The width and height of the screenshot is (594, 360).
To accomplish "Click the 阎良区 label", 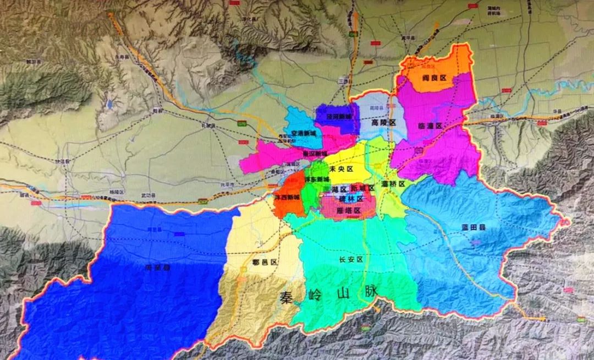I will point(435,79).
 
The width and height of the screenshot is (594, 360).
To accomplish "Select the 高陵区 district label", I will point(384,122).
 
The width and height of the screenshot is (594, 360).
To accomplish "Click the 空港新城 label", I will point(304,133).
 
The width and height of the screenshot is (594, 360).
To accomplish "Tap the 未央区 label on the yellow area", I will point(342,169).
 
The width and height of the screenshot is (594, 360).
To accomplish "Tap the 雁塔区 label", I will point(349,210).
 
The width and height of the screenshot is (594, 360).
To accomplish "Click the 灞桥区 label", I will point(393,184).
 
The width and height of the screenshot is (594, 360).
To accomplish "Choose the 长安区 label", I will point(351,259).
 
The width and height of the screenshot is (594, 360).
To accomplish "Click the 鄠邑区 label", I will point(264,263).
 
